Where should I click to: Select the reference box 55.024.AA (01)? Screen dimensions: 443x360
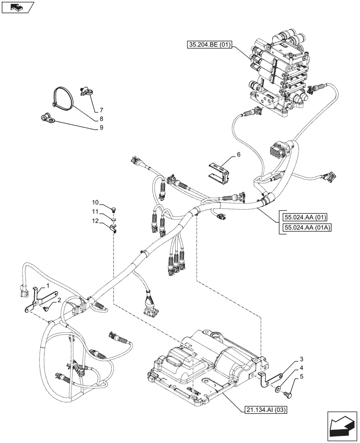[306, 217]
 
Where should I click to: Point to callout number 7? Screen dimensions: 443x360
[101, 109]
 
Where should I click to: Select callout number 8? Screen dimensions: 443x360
[101, 119]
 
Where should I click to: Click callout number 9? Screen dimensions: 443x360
[101, 128]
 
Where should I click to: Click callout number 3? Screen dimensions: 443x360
[301, 359]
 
